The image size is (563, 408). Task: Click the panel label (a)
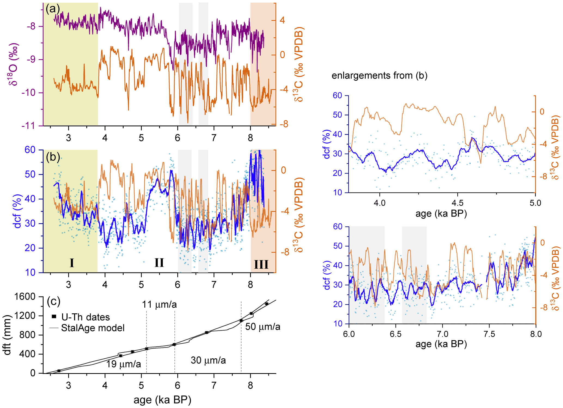[52, 9]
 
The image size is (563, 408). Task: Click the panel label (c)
[53, 301]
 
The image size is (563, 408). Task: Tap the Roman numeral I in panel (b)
[72, 263]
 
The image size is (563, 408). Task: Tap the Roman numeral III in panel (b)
[261, 264]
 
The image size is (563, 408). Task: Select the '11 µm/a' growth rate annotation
[159, 304]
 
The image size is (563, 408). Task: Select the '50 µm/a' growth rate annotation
[263, 326]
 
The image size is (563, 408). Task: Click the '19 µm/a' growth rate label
[123, 364]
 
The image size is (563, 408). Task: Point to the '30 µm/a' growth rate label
[208, 360]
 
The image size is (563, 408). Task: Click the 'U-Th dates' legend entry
[85, 317]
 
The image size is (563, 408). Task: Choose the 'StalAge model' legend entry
[93, 328]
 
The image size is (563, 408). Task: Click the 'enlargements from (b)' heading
[379, 75]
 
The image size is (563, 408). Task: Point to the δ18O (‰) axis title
[13, 64]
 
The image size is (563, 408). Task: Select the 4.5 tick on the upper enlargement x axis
[457, 203]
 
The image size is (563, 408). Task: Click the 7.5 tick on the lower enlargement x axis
[489, 334]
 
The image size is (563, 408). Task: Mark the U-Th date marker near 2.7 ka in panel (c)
[59, 371]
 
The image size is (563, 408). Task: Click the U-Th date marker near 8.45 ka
[266, 304]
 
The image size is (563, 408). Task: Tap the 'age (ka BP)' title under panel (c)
[162, 400]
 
